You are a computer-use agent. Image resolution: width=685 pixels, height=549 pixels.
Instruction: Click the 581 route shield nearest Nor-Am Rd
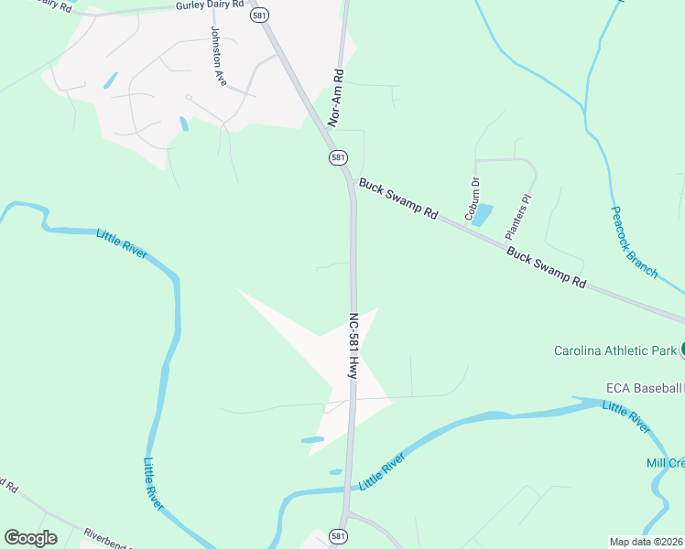coord(339,157)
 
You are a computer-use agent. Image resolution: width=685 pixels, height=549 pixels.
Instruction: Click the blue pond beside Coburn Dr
coord(483,215)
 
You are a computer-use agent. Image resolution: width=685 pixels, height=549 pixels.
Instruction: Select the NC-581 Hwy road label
coord(353,347)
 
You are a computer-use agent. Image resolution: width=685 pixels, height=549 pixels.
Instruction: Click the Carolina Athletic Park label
coord(614,350)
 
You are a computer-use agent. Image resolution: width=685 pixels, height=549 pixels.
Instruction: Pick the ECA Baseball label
coord(644,388)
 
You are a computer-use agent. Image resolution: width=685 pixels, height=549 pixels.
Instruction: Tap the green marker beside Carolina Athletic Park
coord(682,350)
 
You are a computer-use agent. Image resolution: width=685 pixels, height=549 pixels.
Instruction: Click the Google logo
coord(30,538)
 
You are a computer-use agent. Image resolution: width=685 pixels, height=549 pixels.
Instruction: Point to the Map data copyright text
coord(647,542)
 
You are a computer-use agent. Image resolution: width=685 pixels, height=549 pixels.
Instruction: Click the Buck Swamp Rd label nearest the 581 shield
coord(398,199)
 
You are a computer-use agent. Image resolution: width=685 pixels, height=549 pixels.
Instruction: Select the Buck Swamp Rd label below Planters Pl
coord(546,266)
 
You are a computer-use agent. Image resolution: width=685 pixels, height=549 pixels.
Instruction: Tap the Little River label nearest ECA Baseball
coord(626,416)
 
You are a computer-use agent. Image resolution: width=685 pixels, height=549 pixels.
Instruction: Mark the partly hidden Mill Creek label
coord(666,463)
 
